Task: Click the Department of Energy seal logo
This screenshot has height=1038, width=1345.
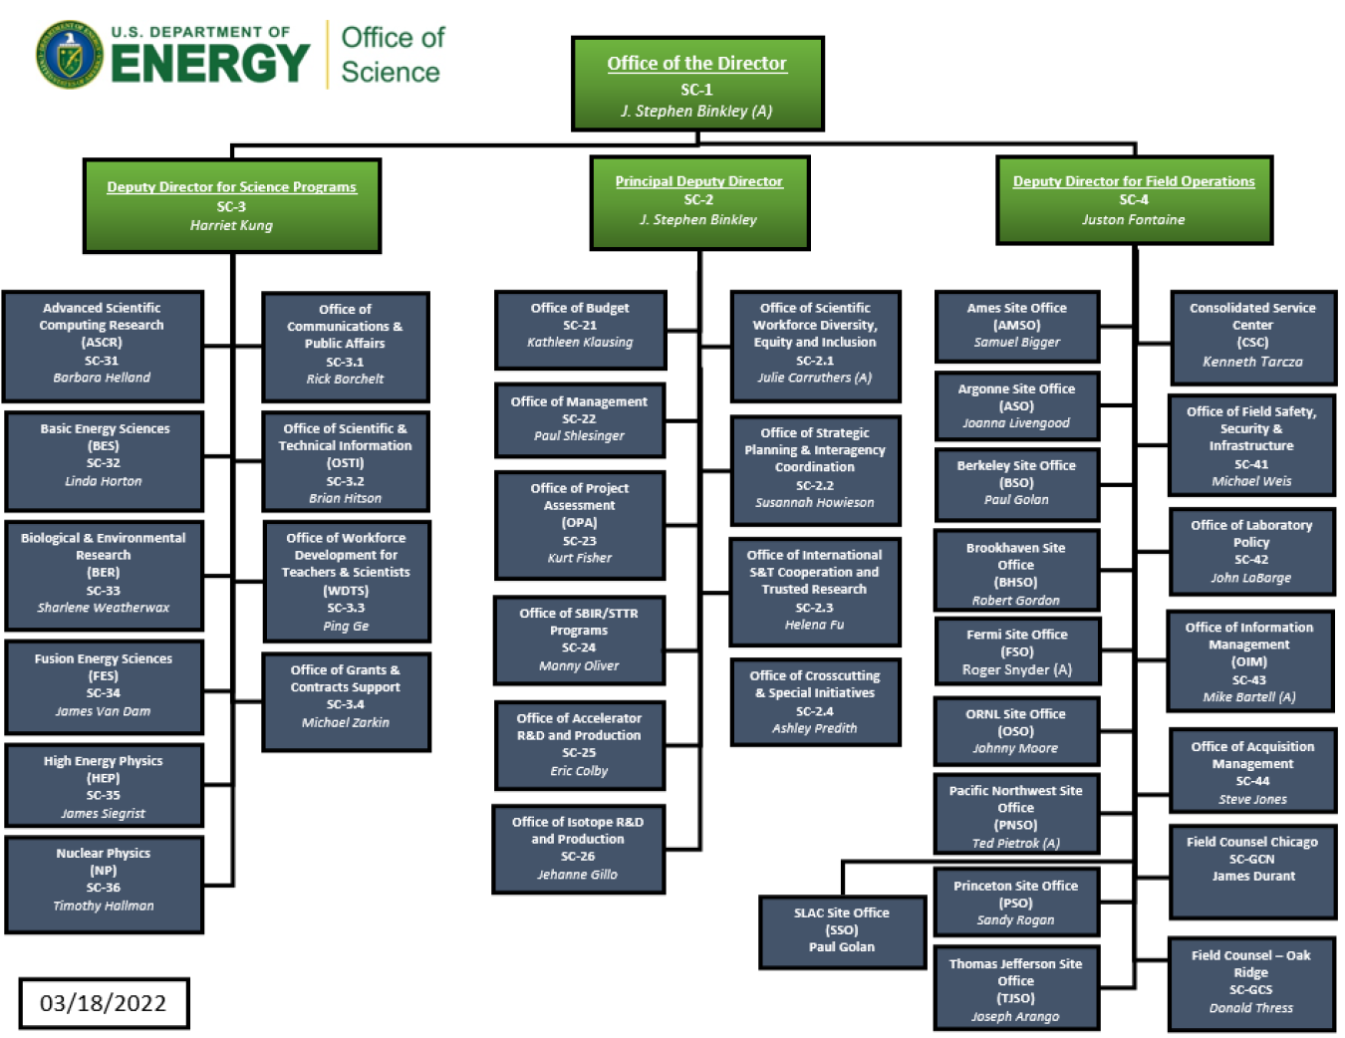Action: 69,55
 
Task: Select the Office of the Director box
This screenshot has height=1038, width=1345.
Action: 696,85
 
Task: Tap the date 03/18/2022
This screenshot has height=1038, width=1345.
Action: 103,1003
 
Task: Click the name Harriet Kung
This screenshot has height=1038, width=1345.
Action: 231,226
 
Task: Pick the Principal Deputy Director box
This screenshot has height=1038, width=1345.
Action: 698,202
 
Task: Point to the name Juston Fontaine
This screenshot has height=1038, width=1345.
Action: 1134,220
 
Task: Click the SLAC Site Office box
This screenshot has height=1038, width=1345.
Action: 841,931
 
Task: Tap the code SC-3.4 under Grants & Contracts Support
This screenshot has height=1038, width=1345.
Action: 346,704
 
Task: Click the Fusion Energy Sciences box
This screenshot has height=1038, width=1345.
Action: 104,686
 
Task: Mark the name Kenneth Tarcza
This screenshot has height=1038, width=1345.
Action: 1252,362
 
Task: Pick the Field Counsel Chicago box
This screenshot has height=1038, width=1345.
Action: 1252,871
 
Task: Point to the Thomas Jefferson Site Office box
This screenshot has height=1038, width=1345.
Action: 1015,988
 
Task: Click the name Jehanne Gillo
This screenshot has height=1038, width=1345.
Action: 578,875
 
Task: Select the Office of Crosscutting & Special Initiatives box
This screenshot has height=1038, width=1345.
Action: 815,702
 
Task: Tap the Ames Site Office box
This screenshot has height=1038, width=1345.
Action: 1016,326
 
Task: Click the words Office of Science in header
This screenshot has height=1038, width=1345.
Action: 392,55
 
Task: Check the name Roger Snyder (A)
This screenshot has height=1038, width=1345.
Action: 1016,670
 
